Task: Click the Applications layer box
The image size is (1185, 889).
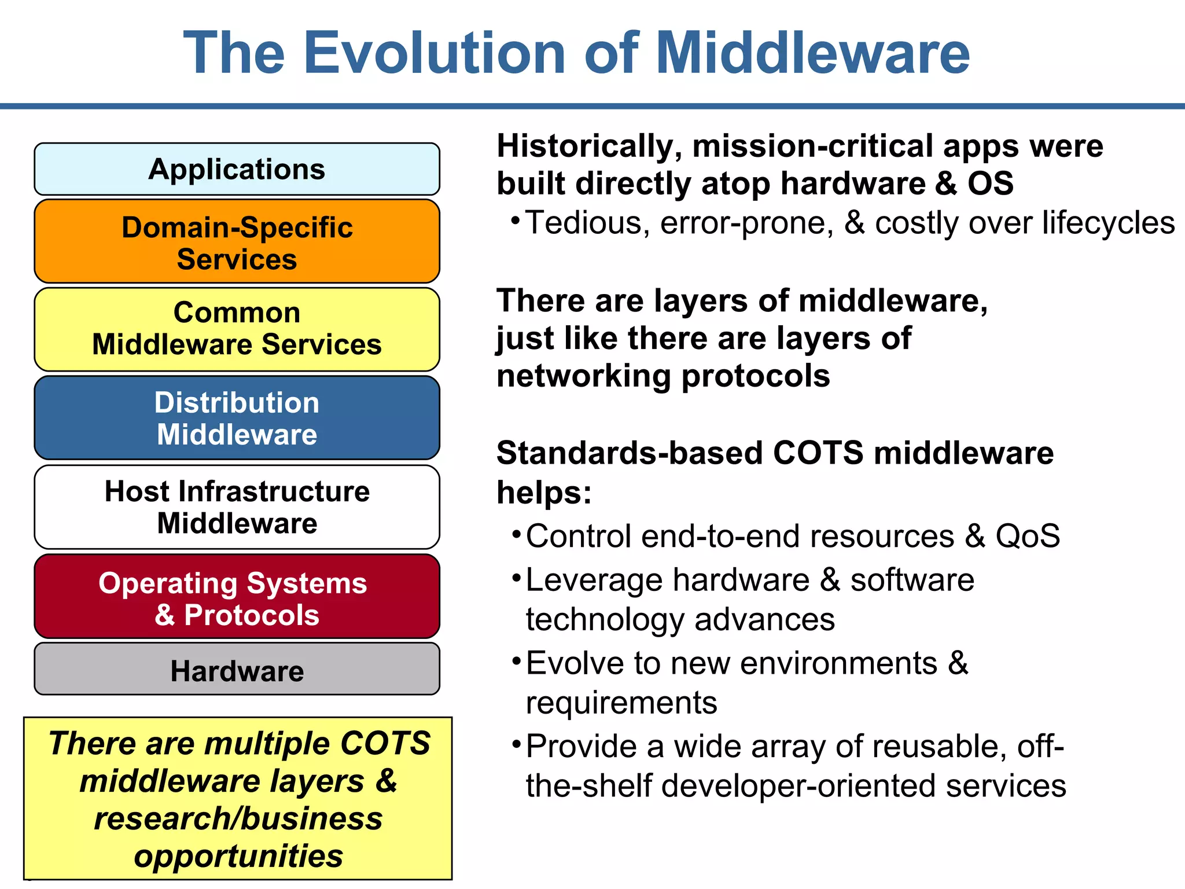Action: [237, 169]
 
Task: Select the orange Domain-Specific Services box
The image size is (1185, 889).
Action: [237, 242]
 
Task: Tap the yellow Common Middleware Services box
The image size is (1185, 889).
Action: [237, 329]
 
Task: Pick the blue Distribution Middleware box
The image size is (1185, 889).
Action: [237, 418]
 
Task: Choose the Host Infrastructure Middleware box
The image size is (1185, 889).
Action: [237, 507]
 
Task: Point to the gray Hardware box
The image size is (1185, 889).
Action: [237, 670]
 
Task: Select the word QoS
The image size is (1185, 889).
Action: [1028, 536]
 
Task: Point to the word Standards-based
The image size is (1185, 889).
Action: [630, 453]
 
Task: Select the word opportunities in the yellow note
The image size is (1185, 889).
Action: [238, 857]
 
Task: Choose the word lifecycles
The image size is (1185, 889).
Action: [1109, 223]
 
